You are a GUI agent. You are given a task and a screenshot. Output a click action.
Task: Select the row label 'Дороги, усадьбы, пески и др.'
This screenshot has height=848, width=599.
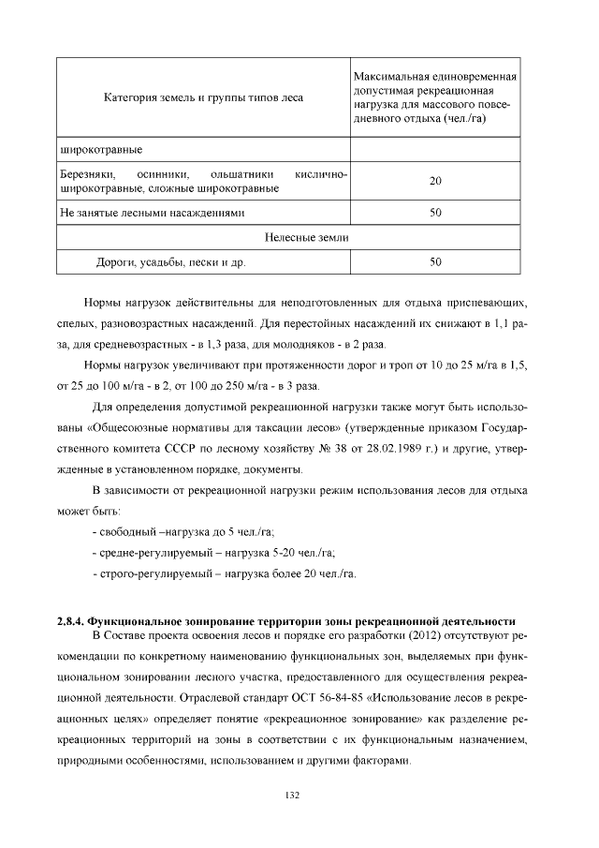171,263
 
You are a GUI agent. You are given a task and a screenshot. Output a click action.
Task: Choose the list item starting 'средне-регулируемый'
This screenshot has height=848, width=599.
214,552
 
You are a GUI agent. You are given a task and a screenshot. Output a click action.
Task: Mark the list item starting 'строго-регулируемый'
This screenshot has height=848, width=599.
225,573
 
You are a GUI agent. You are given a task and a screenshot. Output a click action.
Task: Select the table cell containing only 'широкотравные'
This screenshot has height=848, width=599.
100,148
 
